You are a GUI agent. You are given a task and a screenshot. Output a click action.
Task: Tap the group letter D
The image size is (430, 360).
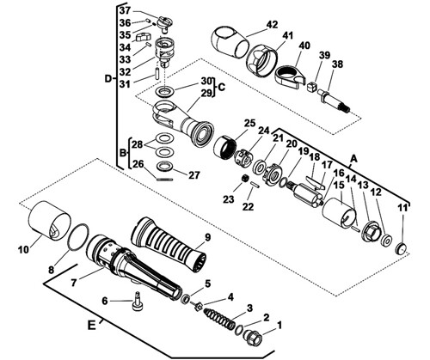point(108,78)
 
